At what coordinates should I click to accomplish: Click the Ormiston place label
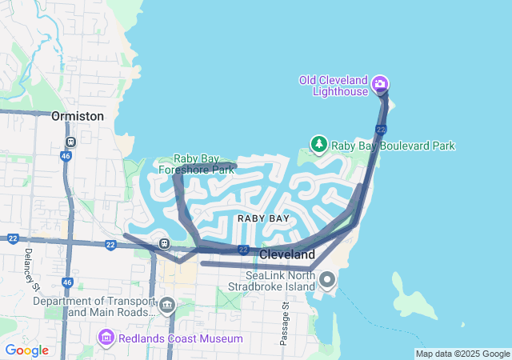click(78, 116)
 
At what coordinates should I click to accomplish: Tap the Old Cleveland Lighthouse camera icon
click(381, 84)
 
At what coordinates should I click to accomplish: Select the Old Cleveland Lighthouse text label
click(333, 85)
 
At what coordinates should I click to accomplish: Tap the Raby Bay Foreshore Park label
click(196, 164)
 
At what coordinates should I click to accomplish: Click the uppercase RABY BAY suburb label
click(263, 218)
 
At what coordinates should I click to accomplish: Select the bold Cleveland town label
click(286, 254)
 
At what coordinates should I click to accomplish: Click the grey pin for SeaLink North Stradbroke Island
click(328, 280)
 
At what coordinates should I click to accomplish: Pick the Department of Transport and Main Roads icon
click(167, 305)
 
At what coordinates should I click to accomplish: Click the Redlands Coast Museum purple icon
click(106, 338)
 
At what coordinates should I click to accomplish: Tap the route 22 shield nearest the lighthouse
click(381, 129)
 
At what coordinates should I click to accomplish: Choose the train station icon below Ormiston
click(70, 142)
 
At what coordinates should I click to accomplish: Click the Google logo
click(26, 350)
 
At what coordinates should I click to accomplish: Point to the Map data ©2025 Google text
click(462, 354)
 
